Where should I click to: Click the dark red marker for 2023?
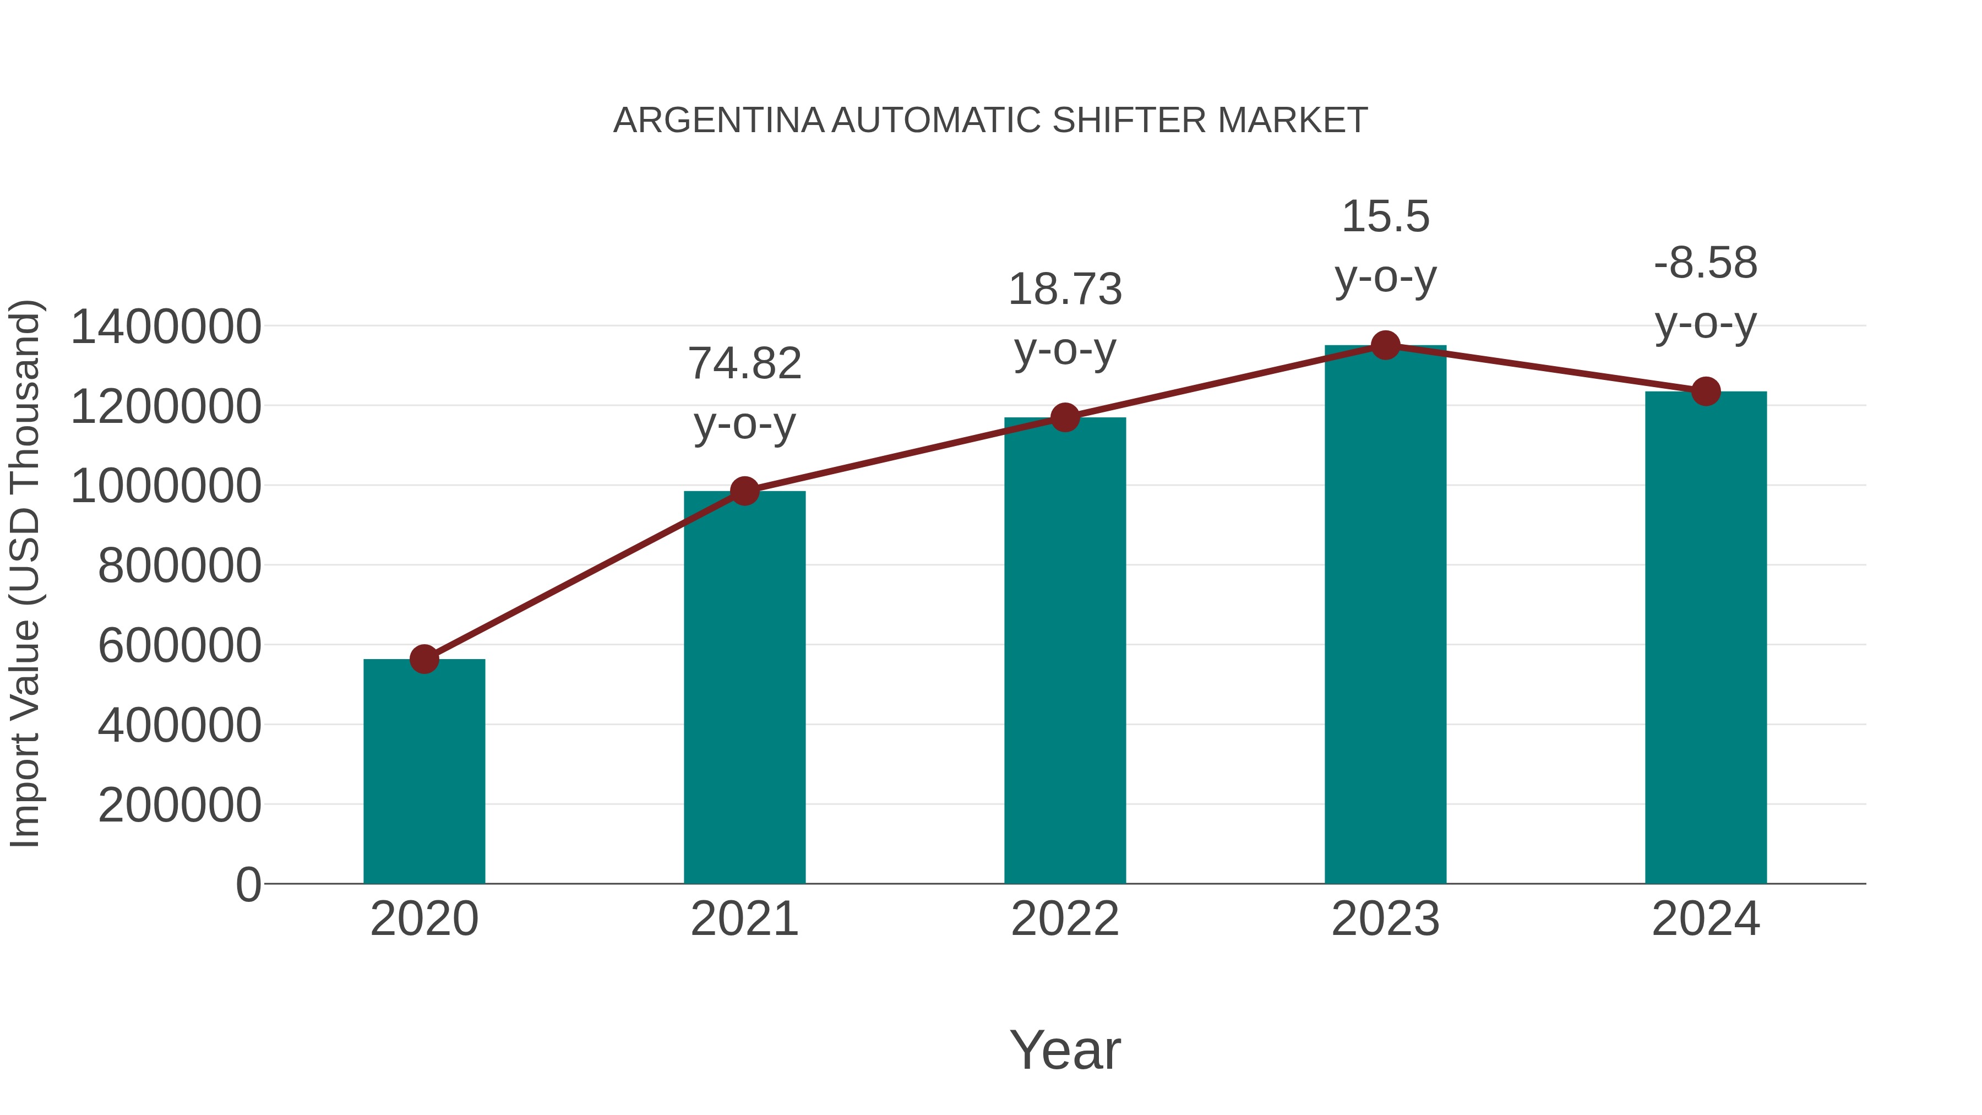(1385, 345)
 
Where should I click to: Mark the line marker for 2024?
(1706, 391)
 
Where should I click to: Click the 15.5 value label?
(1385, 216)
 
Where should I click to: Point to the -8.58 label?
(1705, 263)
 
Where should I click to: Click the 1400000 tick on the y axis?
(165, 327)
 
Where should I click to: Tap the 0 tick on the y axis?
(248, 884)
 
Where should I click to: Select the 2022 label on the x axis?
(1064, 919)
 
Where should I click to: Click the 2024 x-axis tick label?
(1705, 919)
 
